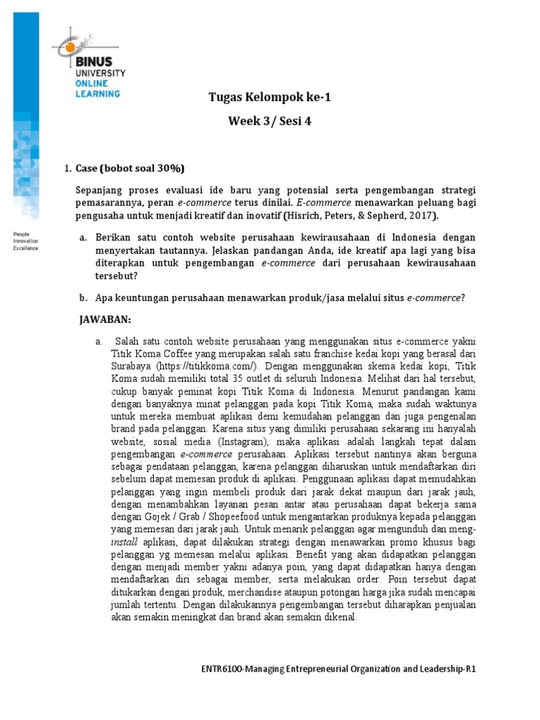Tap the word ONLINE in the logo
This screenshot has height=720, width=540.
tap(94, 83)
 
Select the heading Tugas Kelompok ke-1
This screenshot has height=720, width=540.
tap(269, 98)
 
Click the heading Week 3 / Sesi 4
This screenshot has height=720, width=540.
tap(269, 121)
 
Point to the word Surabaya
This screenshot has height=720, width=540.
tap(129, 366)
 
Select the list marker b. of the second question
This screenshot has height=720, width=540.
tap(83, 297)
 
